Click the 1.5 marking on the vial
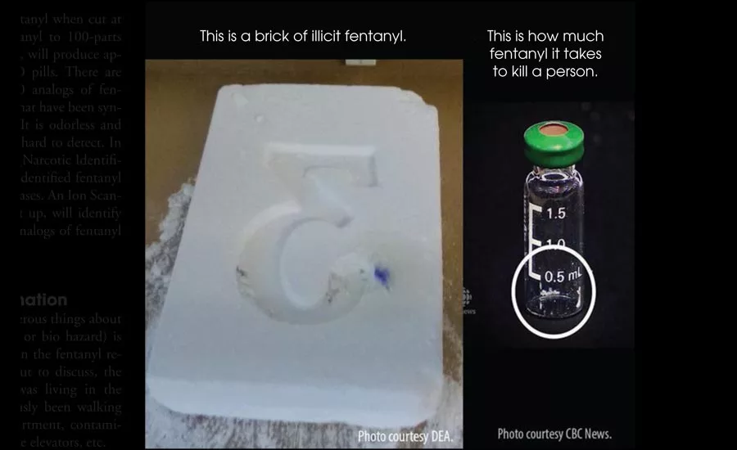(556, 214)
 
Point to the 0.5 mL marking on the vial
(562, 277)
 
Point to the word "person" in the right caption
(576, 71)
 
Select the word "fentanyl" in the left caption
(378, 37)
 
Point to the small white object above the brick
(354, 62)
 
